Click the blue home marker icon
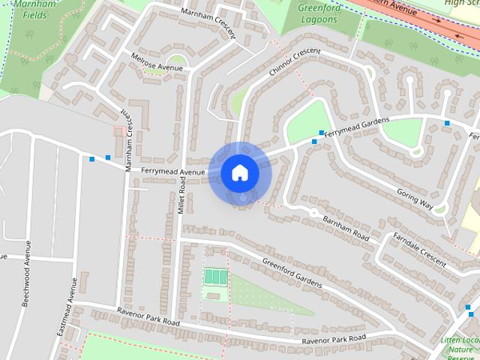(239, 172)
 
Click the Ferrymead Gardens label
(358, 126)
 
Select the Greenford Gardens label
(292, 272)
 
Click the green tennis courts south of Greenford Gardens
(216, 277)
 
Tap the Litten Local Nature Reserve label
(459, 346)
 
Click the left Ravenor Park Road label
(148, 316)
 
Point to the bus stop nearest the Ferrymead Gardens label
(322, 133)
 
